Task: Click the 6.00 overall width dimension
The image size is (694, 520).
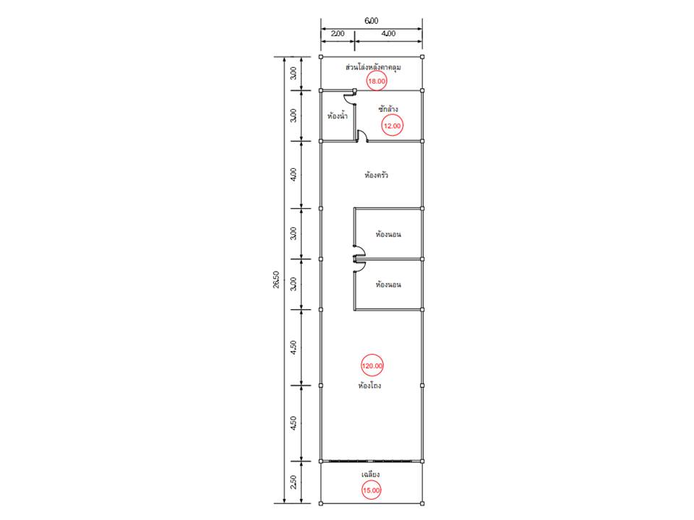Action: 372,21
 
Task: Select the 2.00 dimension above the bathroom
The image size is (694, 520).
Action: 338,33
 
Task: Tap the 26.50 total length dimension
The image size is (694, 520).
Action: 276,280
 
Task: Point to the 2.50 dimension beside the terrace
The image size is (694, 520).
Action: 294,482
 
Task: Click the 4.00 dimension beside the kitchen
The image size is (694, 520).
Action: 294,174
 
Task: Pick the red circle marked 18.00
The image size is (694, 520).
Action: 377,81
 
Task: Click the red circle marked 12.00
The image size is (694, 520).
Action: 392,126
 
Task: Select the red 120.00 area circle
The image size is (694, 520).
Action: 372,365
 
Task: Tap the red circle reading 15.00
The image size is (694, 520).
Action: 372,490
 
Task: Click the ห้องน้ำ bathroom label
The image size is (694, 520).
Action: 338,116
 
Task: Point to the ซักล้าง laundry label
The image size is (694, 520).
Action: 387,108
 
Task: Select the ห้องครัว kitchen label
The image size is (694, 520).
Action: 376,175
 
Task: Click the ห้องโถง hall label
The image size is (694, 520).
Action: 369,386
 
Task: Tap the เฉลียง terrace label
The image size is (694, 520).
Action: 370,474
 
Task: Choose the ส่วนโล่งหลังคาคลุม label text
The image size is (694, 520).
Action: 373,67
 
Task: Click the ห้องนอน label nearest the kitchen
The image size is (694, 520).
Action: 388,234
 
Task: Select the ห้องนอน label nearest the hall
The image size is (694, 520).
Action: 388,285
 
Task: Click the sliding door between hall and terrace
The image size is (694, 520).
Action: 372,461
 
